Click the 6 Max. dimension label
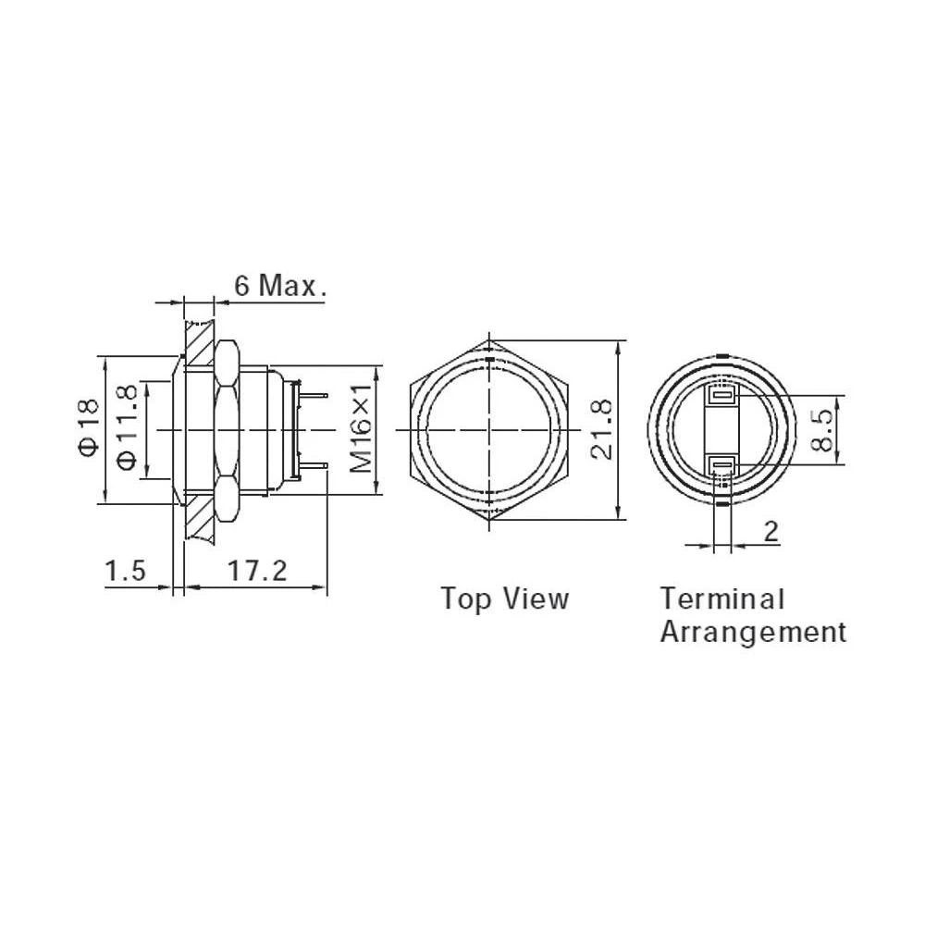point(280,286)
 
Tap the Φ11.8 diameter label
point(127,427)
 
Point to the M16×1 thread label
point(361,427)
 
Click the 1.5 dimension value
point(125,571)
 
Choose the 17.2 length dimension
point(257,571)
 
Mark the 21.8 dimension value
point(602,429)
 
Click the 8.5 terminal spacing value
point(821,430)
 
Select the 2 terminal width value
point(771,532)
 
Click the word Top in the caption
point(466,599)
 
